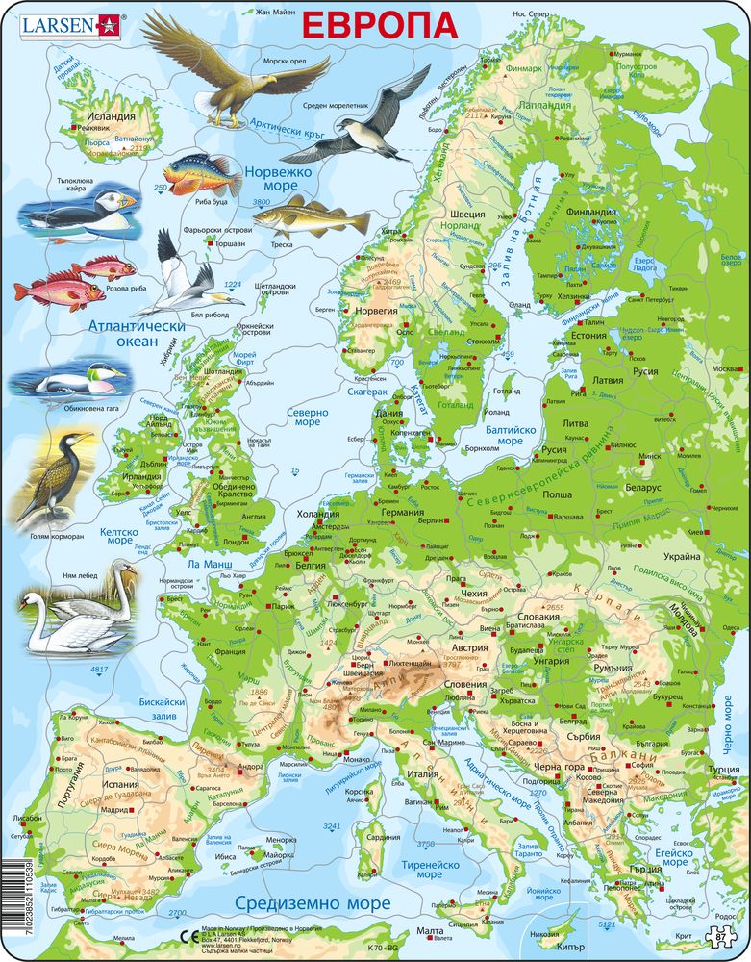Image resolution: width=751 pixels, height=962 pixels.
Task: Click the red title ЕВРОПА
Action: click(380, 24)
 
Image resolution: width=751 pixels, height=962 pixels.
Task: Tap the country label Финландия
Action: click(590, 212)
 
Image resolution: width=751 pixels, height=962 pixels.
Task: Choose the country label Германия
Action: click(402, 512)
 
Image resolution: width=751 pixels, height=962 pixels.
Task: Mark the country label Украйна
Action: click(680, 557)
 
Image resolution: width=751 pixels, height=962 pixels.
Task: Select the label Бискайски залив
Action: click(161, 709)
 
